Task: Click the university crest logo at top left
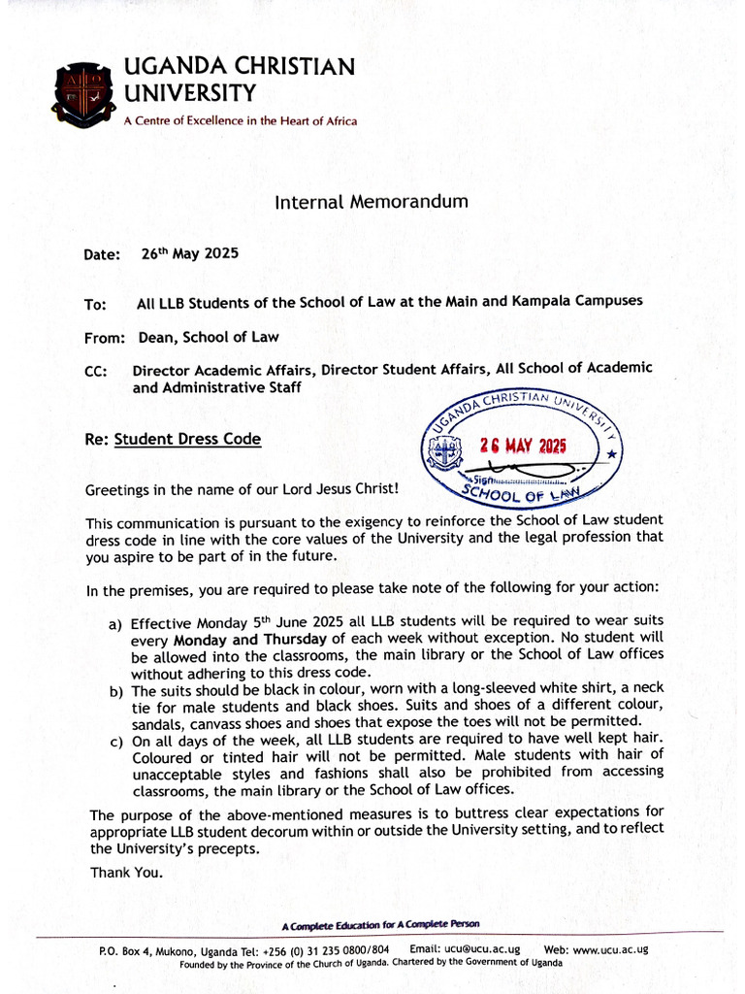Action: click(x=86, y=94)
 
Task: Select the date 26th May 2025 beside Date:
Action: click(x=189, y=253)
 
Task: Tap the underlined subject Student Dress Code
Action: click(x=187, y=439)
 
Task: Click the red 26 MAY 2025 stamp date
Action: click(x=523, y=446)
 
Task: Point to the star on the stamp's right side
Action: click(x=610, y=453)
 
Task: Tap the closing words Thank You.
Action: click(x=126, y=872)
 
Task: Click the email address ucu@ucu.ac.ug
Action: click(x=481, y=949)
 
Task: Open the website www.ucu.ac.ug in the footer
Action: click(x=609, y=949)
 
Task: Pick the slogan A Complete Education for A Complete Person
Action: click(x=380, y=924)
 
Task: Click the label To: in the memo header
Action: click(x=95, y=304)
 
